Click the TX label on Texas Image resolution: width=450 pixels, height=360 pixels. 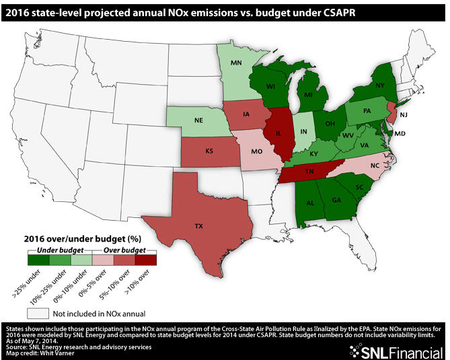coord(198,227)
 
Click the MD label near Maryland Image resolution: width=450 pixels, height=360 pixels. coord(400,134)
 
